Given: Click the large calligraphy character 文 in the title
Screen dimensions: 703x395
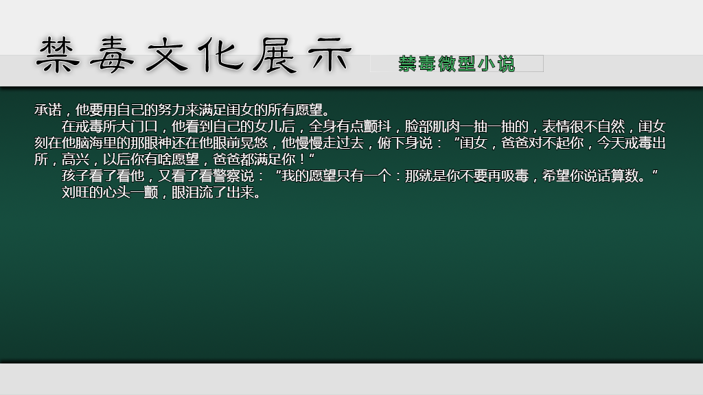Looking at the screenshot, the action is pos(166,55).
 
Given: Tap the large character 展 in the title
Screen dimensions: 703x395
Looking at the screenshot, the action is pos(275,55).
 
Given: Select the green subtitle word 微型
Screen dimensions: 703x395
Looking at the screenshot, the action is pos(457,64).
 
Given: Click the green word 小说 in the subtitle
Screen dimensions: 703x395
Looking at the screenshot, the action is pos(496,64).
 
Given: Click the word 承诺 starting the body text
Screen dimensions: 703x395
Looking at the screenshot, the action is pos(47,110).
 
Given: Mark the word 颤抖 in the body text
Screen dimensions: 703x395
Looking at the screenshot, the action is pos(377,126).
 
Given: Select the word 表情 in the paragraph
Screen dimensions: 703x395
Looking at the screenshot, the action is pos(555,126).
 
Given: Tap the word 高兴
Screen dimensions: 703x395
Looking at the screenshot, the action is pos(76,159).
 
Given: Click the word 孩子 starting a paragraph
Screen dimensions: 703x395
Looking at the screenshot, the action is pos(76,176).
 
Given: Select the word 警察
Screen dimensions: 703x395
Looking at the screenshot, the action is pos(227,176).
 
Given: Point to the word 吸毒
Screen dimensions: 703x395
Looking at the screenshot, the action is pos(515,176).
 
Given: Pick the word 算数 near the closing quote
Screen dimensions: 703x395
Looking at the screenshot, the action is pos(625,176).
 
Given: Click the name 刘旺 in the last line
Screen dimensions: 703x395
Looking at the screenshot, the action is pos(76,193).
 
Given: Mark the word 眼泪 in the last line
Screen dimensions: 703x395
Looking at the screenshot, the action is pos(185,193).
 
